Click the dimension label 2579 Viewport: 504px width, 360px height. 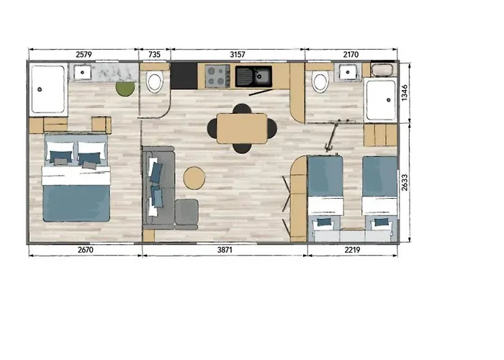84,55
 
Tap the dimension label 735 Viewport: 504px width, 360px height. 154,55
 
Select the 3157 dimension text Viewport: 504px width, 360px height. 238,55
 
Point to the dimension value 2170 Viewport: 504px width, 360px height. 351,55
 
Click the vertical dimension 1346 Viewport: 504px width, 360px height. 405,93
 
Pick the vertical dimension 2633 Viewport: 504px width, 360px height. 405,183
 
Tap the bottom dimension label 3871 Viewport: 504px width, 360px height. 225,250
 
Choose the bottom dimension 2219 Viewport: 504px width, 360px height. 352,250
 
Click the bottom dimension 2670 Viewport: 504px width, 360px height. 86,250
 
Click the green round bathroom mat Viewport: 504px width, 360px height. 125,89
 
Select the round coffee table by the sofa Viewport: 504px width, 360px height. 194,178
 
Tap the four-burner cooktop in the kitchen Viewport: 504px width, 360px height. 217,76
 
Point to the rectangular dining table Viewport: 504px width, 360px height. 242,128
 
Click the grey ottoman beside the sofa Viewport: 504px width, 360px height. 186,212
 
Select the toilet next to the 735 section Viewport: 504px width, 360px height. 155,82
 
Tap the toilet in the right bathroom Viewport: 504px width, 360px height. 320,82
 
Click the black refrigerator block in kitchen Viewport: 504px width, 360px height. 184,76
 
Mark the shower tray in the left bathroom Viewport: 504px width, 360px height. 48,89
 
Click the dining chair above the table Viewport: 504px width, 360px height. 242,108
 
